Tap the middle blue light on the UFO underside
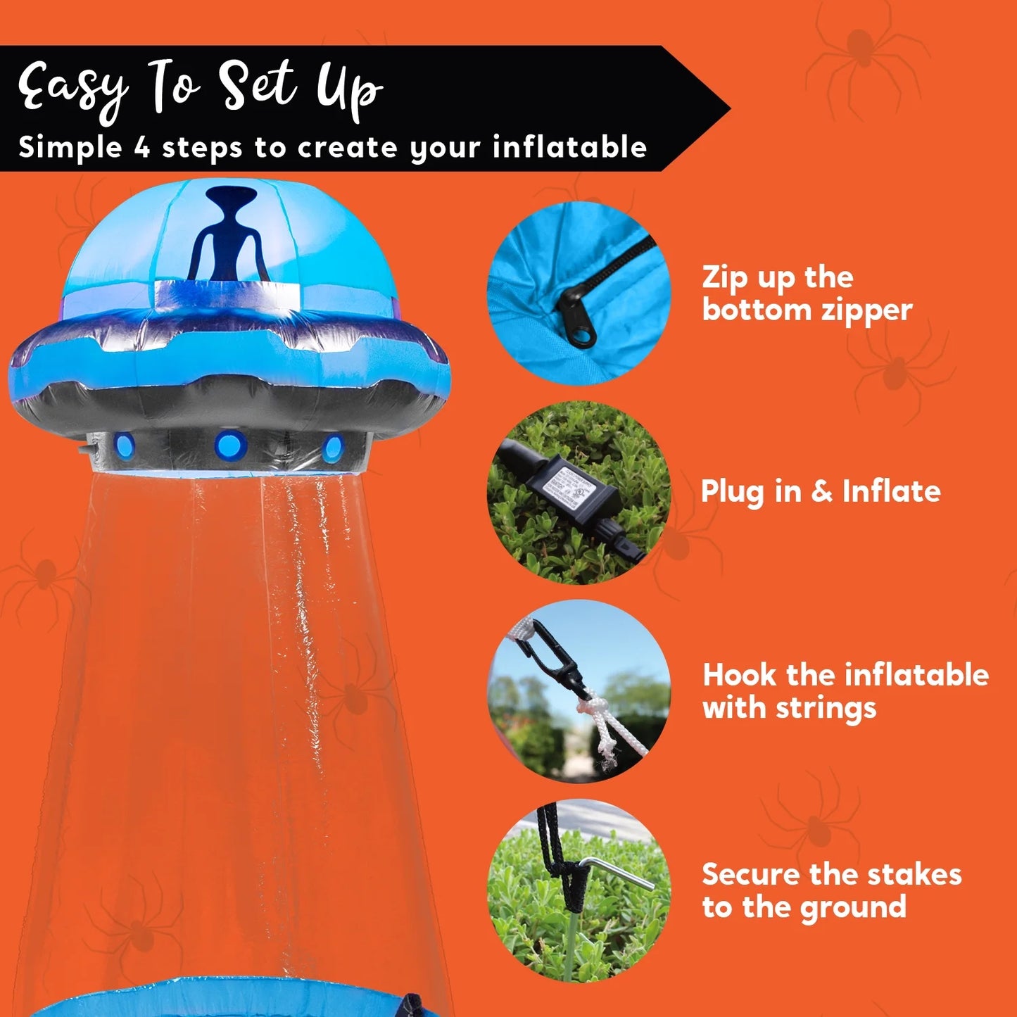tap(231, 445)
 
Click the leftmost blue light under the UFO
tap(125, 445)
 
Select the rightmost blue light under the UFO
tap(331, 448)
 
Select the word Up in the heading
tap(348, 90)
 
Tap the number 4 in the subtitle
tap(142, 148)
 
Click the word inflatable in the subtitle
tap(569, 148)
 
